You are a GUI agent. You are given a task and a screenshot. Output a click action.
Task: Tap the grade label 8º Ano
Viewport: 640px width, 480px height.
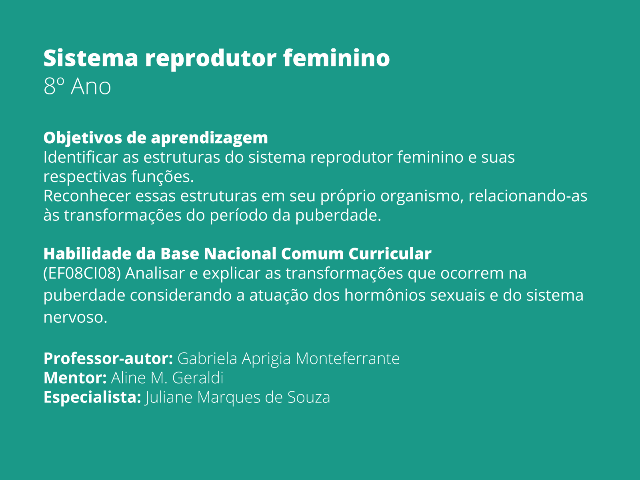(x=77, y=86)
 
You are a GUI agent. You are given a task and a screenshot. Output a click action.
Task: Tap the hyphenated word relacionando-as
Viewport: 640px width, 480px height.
(x=528, y=196)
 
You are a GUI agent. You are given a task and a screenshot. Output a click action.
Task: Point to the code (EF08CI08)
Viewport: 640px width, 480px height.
(x=82, y=274)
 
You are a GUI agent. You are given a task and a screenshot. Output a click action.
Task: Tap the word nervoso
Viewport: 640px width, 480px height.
(x=75, y=317)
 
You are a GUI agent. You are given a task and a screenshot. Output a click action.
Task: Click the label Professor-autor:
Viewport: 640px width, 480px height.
(x=108, y=358)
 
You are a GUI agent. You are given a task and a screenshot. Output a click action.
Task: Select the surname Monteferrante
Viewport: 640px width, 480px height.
(x=348, y=358)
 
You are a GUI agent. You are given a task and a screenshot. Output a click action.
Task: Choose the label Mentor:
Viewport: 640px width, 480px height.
(x=75, y=378)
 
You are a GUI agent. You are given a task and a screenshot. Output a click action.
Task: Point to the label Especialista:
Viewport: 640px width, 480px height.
(x=92, y=398)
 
